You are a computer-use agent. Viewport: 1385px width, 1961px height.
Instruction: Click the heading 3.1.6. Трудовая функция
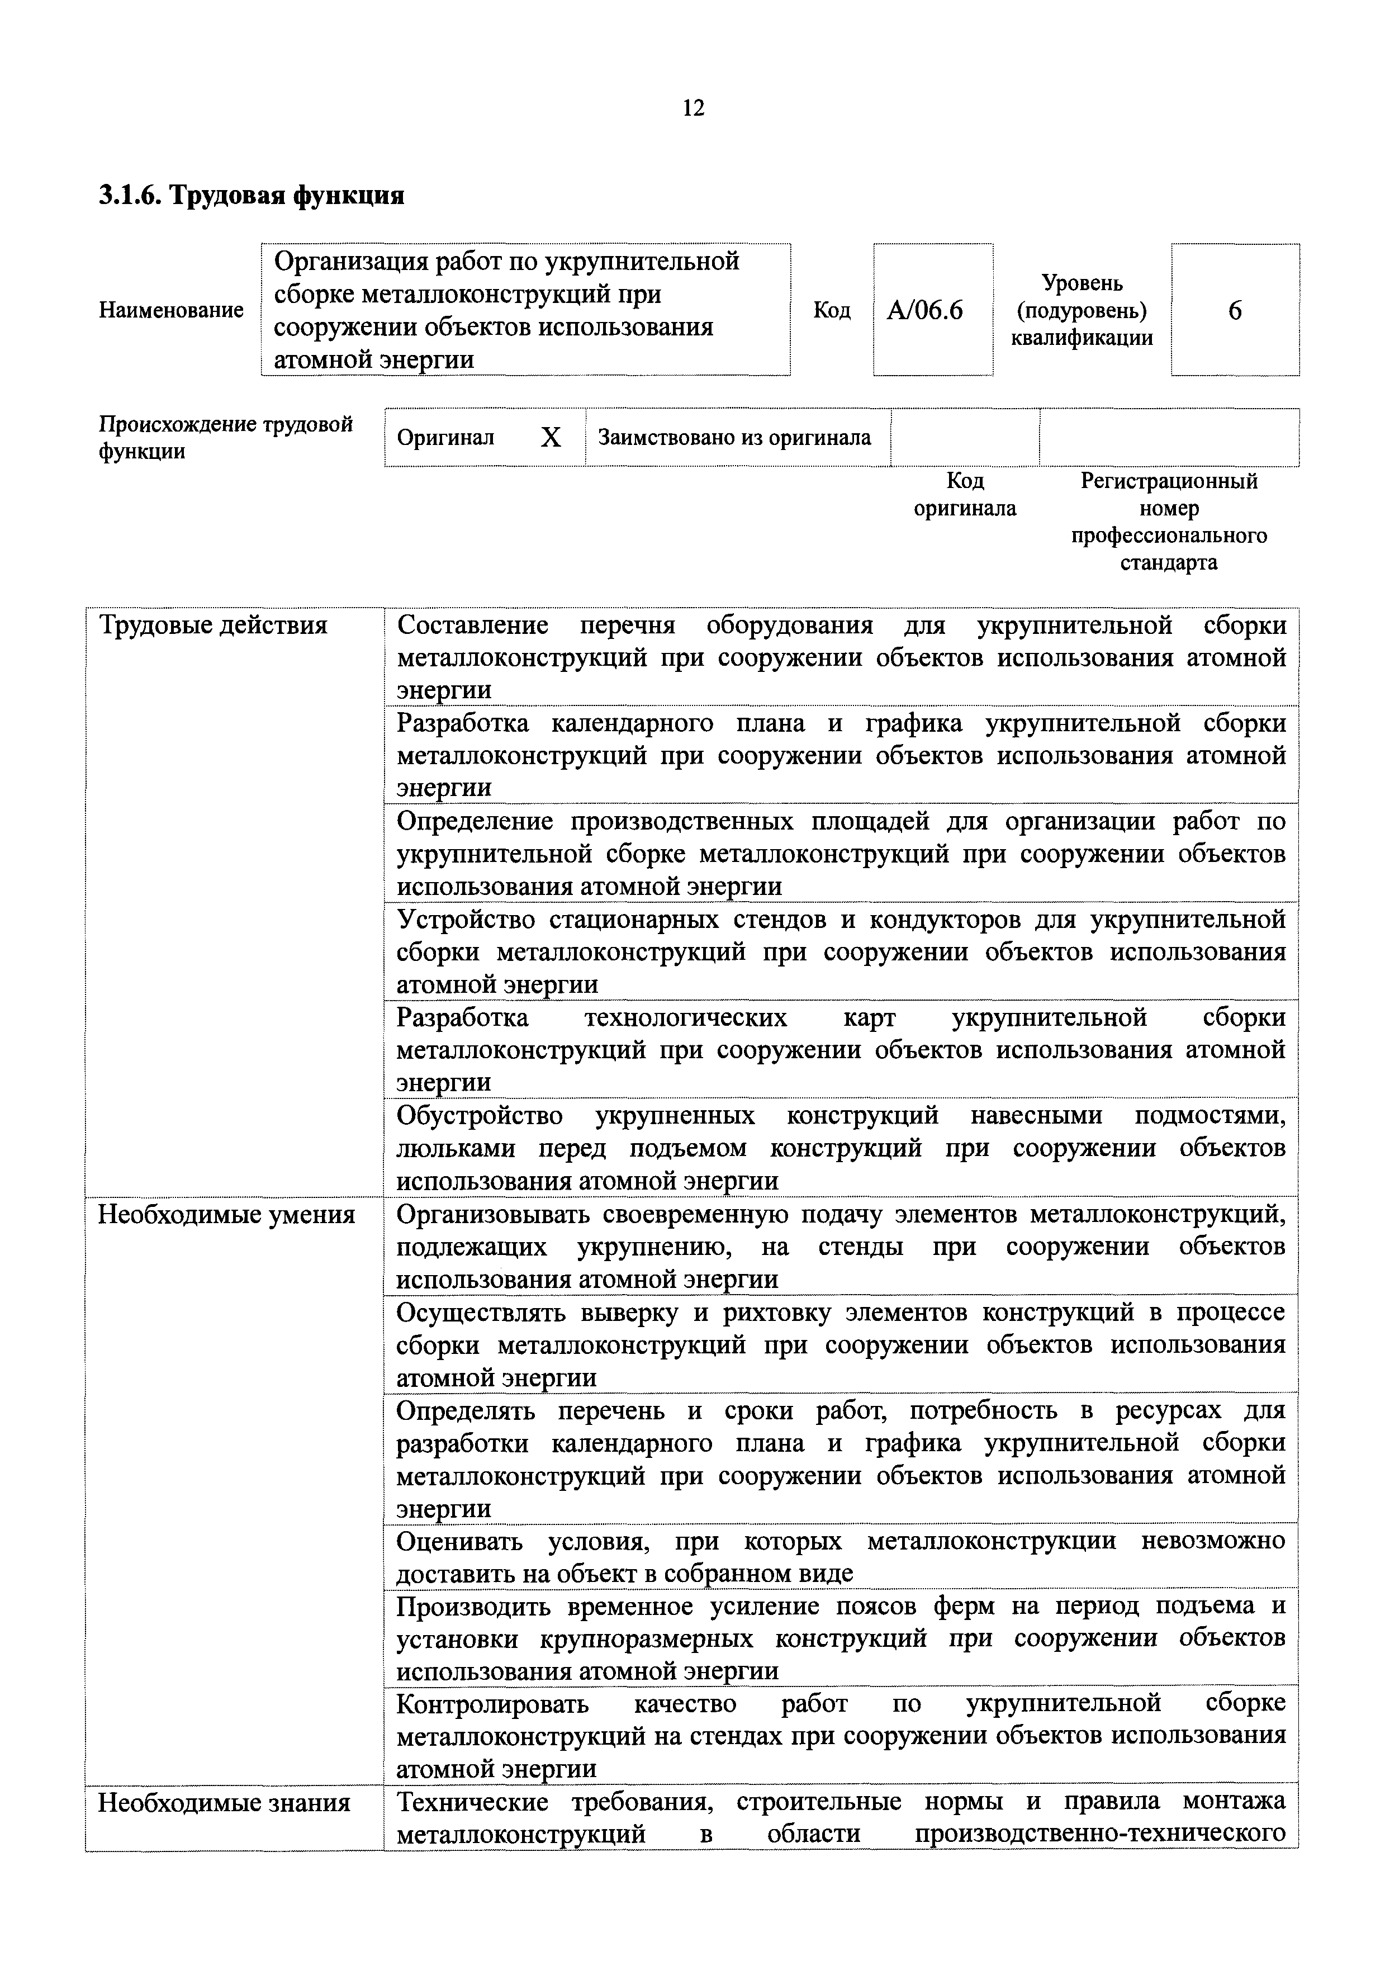(x=251, y=196)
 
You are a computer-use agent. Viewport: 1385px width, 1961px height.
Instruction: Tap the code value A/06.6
(x=925, y=311)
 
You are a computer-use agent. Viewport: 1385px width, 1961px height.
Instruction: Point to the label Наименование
(x=171, y=310)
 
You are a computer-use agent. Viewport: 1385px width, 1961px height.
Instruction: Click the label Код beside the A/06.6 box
(x=831, y=310)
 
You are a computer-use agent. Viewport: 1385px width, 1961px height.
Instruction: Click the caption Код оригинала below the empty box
(x=965, y=495)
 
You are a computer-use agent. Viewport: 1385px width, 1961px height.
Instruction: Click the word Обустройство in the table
(x=480, y=1115)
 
